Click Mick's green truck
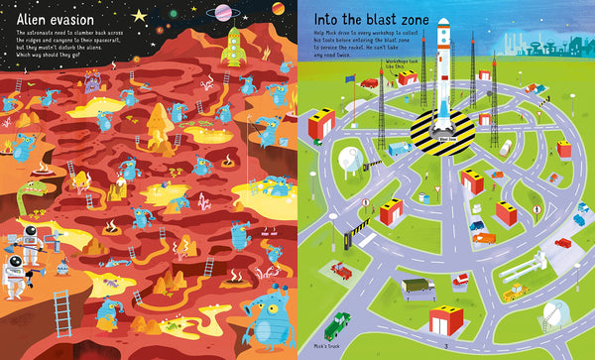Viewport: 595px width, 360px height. coord(338,325)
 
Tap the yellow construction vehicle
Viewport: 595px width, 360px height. coord(515,293)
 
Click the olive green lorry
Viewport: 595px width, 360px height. coord(416,286)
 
